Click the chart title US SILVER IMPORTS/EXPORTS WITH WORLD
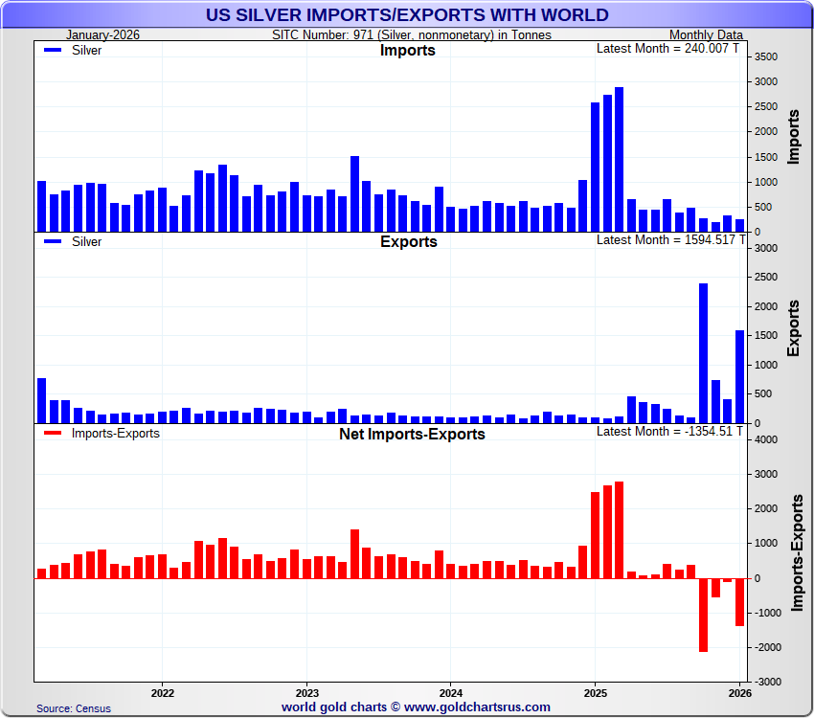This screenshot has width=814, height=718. (x=407, y=14)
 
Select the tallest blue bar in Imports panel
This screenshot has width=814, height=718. (x=619, y=159)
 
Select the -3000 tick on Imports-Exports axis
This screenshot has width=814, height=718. (x=767, y=682)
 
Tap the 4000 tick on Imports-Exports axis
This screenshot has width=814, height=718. (x=766, y=439)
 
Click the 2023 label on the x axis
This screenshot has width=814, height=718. (x=306, y=691)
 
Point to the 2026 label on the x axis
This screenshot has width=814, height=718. (x=739, y=691)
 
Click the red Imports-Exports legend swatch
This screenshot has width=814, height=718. (x=54, y=434)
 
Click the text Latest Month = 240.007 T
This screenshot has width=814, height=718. (x=668, y=48)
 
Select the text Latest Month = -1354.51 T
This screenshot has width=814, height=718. (x=668, y=431)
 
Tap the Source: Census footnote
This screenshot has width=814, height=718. (x=74, y=708)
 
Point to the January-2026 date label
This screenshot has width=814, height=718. (x=103, y=35)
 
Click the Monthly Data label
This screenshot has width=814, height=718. (x=706, y=35)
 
